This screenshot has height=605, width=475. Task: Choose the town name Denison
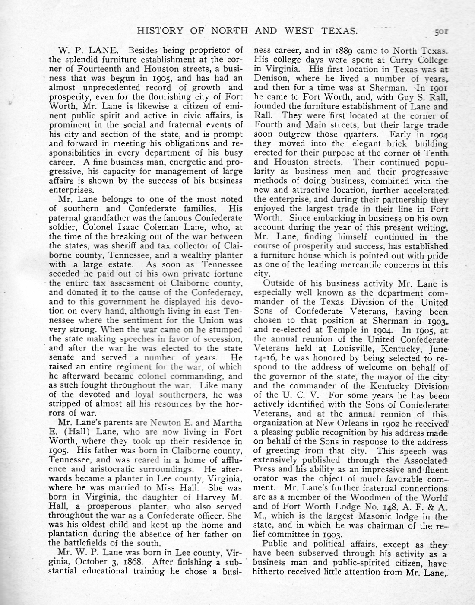(x=268, y=79)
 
